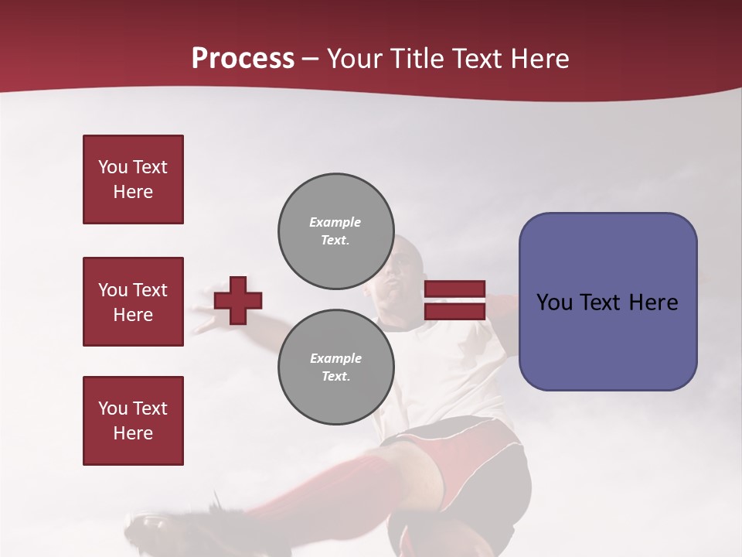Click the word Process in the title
pyautogui.click(x=243, y=59)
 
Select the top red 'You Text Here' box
pyautogui.click(x=133, y=179)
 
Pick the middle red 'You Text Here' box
pyautogui.click(x=133, y=302)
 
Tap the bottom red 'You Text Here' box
pyautogui.click(x=133, y=421)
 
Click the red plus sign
pyautogui.click(x=238, y=300)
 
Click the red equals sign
pyautogui.click(x=454, y=300)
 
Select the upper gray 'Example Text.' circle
pyautogui.click(x=335, y=231)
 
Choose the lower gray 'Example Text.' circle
pyautogui.click(x=335, y=367)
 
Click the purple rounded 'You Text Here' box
pyautogui.click(x=608, y=302)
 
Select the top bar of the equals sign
pyautogui.click(x=454, y=289)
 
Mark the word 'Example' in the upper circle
pyautogui.click(x=335, y=222)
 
